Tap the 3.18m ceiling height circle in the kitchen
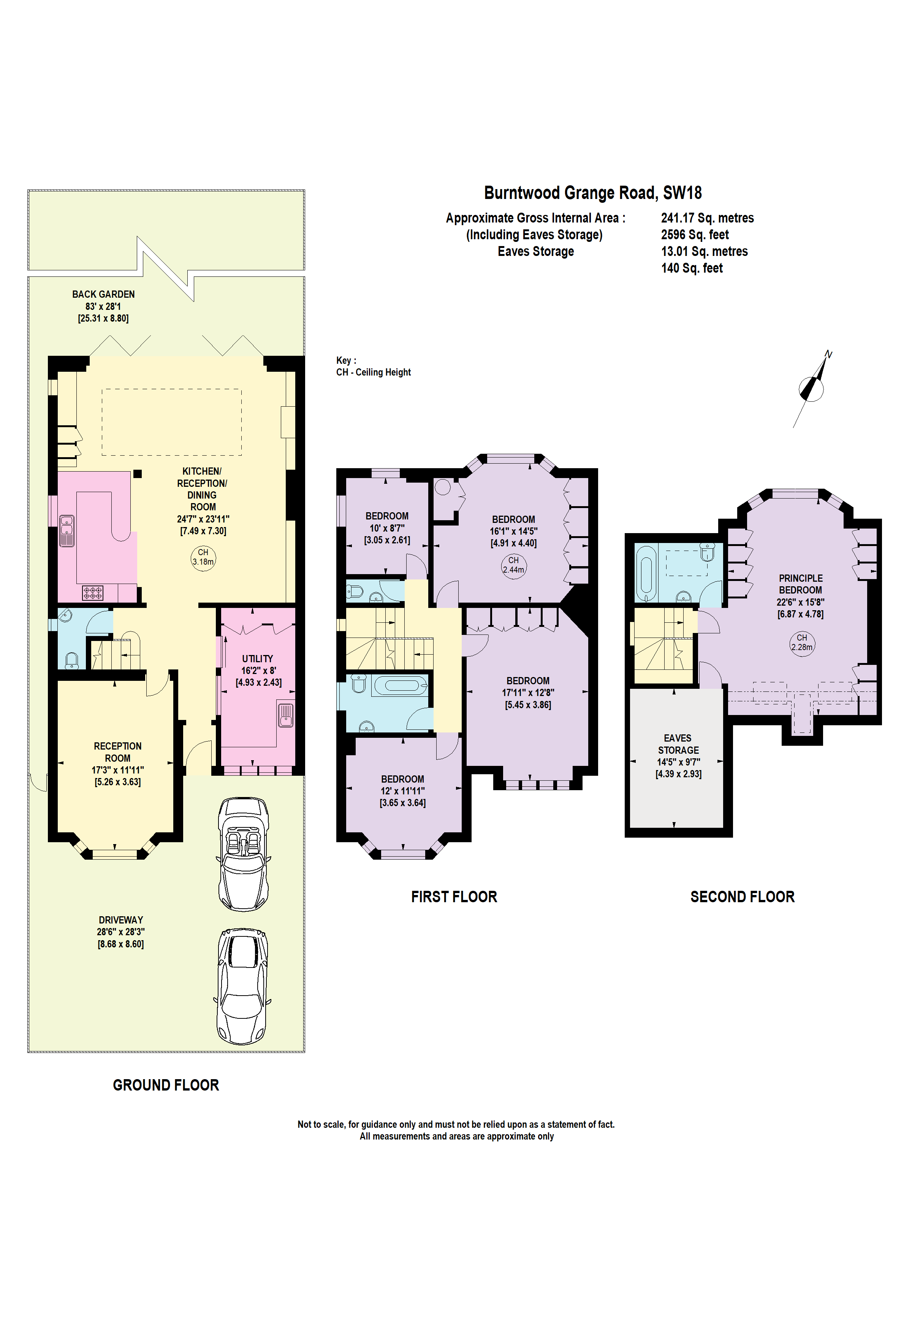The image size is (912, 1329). [203, 557]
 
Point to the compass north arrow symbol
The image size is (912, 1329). [812, 388]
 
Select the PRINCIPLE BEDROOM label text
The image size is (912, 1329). [800, 584]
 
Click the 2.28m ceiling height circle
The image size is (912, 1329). [801, 643]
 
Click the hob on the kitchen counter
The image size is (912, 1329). [93, 592]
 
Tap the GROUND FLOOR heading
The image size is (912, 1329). [166, 1085]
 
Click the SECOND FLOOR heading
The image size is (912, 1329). [742, 897]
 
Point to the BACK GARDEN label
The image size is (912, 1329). [104, 294]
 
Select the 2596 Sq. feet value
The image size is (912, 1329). [695, 234]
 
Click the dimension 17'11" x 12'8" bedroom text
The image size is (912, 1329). [527, 693]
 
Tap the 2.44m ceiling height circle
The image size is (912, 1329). [513, 565]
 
